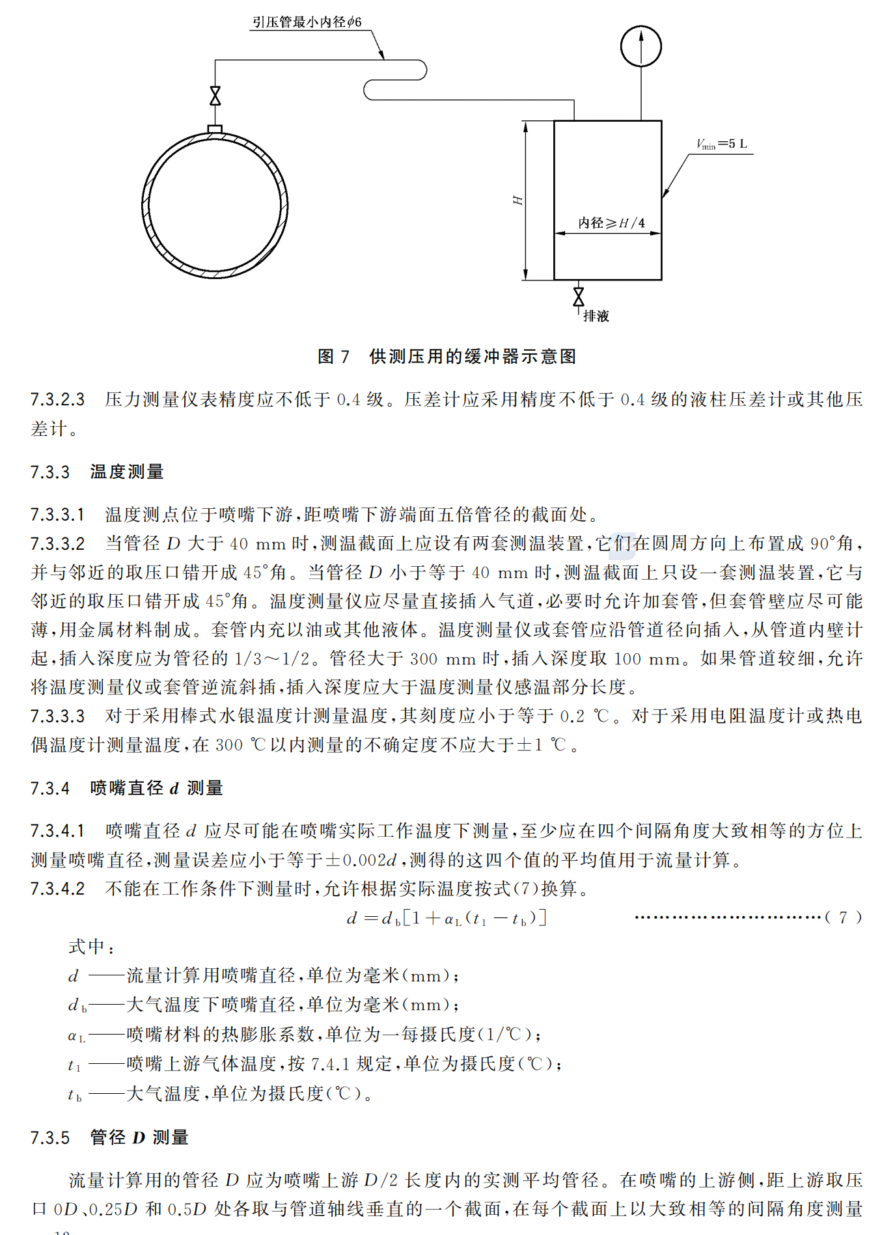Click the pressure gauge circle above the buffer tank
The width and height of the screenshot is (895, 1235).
click(x=640, y=46)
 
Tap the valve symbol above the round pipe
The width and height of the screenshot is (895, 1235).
click(x=215, y=96)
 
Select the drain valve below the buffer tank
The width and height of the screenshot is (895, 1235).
click(x=578, y=297)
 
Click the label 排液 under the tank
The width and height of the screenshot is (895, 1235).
click(x=596, y=316)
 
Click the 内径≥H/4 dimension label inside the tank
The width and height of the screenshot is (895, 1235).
click(x=611, y=223)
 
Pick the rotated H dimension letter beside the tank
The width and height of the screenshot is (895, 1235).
click(x=518, y=200)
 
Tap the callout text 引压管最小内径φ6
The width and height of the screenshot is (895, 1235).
click(x=307, y=22)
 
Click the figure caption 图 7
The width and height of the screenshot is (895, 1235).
click(x=333, y=357)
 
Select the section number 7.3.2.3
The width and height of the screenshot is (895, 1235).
click(x=57, y=400)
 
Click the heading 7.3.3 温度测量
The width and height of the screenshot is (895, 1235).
click(x=97, y=472)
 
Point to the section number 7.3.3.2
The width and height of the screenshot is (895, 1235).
click(x=57, y=543)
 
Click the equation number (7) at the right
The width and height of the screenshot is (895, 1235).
click(x=843, y=917)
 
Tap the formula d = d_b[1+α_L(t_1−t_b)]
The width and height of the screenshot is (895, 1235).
click(x=447, y=918)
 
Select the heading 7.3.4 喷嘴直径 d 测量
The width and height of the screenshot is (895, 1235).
click(x=127, y=789)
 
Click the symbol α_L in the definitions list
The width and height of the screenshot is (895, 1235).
click(x=76, y=1035)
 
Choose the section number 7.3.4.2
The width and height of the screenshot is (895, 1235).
click(x=57, y=889)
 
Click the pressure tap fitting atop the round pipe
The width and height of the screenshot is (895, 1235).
click(x=215, y=129)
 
